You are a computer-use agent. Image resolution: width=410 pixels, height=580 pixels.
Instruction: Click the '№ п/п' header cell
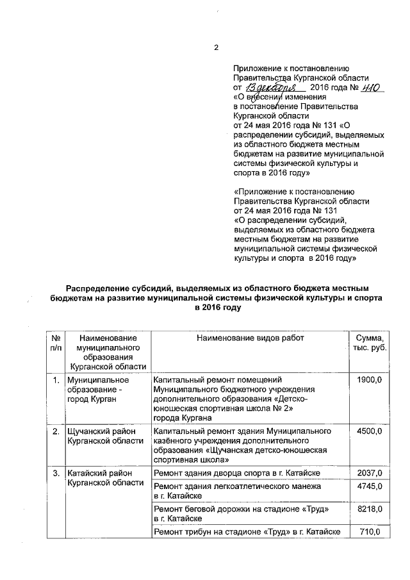pyautogui.click(x=56, y=343)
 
